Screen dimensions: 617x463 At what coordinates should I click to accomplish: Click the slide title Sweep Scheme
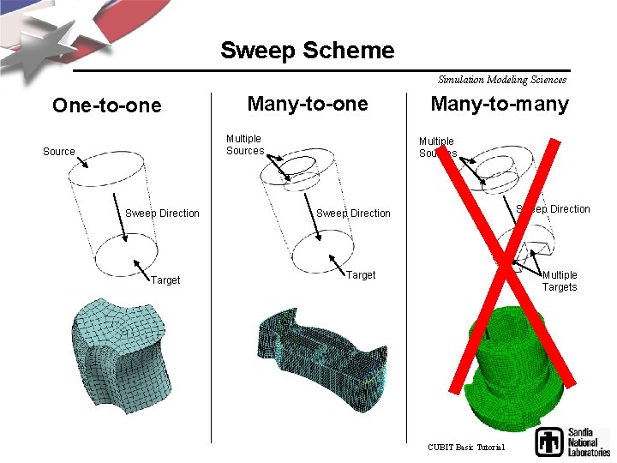(307, 50)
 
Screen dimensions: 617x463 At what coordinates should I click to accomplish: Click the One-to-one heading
(106, 105)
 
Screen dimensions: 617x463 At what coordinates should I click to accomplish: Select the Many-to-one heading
(307, 104)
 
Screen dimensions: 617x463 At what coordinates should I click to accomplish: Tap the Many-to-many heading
(500, 104)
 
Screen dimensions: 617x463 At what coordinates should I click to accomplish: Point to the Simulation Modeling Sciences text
(501, 80)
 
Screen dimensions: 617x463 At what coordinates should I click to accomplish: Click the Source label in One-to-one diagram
(58, 152)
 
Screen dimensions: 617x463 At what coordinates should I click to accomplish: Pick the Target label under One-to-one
(165, 280)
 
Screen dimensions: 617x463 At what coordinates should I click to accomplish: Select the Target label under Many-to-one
(361, 275)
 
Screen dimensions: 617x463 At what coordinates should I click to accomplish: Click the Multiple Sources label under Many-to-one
(244, 145)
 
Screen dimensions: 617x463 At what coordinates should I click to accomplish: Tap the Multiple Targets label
(560, 281)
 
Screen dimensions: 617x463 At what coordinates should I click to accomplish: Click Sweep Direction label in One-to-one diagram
(162, 213)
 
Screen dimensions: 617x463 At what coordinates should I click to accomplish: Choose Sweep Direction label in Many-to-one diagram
(353, 213)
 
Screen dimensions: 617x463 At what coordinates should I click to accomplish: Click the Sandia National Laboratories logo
(572, 442)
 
